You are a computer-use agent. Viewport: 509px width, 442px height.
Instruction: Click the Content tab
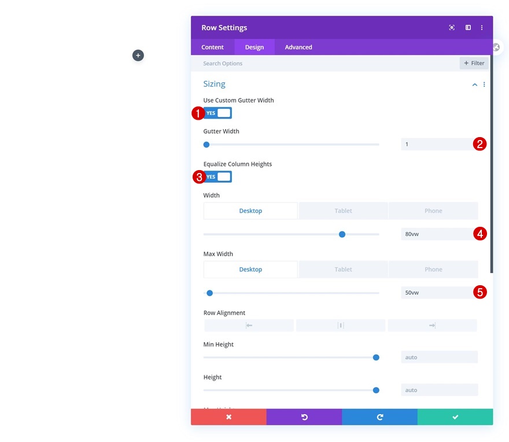point(212,47)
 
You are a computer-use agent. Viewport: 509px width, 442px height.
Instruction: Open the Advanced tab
point(298,47)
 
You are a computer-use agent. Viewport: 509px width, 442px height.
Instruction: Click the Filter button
point(474,63)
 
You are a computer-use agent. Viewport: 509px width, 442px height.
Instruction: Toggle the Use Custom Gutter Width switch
point(217,113)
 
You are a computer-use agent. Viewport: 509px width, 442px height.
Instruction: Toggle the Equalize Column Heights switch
point(217,176)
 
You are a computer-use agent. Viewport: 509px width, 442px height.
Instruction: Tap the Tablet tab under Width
point(343,211)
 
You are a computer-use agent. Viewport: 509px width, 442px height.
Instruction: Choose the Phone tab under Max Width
point(433,269)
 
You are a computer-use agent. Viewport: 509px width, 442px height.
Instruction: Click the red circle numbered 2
point(479,144)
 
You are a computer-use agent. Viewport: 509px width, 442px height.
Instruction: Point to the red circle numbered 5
point(480,292)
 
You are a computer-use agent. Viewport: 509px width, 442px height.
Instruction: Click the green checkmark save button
point(455,417)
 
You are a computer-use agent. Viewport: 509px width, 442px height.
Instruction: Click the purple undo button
point(304,417)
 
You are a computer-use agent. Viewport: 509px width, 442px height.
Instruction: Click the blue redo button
point(379,417)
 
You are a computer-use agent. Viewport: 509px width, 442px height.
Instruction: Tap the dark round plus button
point(138,56)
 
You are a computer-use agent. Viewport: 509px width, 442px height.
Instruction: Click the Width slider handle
point(342,234)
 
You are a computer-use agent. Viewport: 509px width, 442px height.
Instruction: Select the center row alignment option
point(341,326)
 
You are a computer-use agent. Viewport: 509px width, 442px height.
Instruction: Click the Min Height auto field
point(439,357)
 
